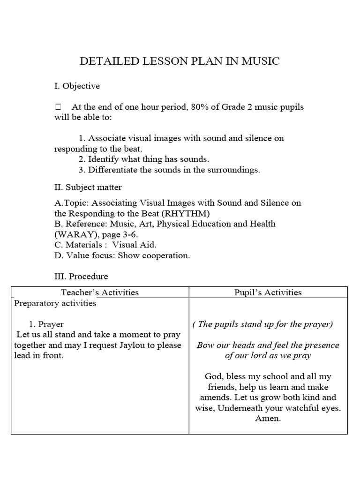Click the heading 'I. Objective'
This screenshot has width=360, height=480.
click(x=77, y=86)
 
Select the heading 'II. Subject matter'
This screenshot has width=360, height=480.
click(x=88, y=187)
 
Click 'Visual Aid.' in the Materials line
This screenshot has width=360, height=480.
click(x=134, y=245)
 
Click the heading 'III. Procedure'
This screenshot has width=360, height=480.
click(x=81, y=277)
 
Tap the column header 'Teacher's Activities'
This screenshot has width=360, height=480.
click(x=100, y=292)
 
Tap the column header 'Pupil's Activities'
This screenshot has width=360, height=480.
click(x=268, y=292)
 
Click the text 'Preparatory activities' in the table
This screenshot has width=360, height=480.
click(x=55, y=303)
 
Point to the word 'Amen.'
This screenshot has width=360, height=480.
click(x=268, y=419)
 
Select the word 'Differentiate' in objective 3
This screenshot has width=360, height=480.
click(x=113, y=170)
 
